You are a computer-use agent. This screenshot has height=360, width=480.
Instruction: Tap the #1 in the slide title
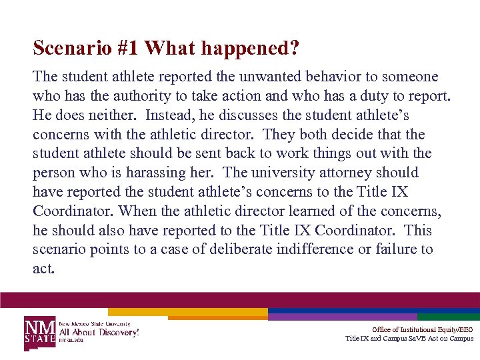pyautogui.click(x=126, y=48)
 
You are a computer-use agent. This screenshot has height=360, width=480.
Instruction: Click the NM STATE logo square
pyautogui.click(x=41, y=331)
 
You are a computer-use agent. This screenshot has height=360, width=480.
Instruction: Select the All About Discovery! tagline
pyautogui.click(x=99, y=331)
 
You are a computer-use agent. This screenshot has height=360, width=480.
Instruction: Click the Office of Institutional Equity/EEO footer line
pyautogui.click(x=423, y=329)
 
